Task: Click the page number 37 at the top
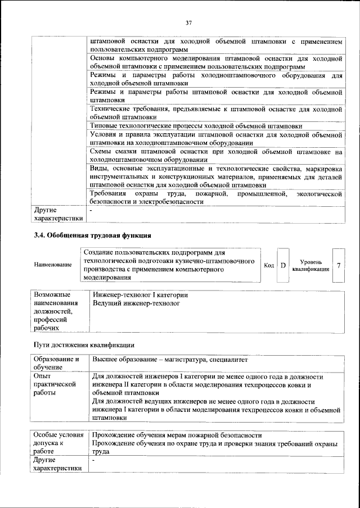(x=188, y=22)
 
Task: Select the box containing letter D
(x=283, y=265)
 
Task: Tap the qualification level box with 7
(x=338, y=265)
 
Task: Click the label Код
(x=269, y=265)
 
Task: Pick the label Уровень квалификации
(x=311, y=265)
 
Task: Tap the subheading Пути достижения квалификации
(x=84, y=344)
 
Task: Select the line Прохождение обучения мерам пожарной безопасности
(x=177, y=436)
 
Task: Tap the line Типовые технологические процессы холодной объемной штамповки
(x=196, y=126)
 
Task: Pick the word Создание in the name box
(x=98, y=253)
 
